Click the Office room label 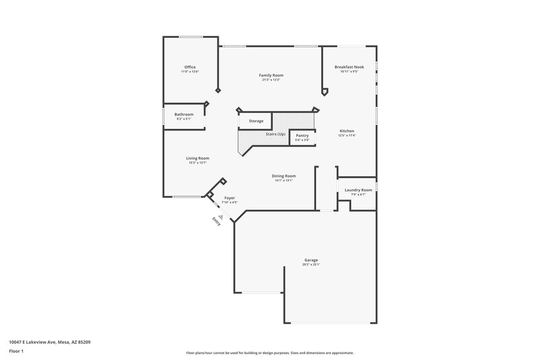coord(190,67)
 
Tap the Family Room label coord(271,75)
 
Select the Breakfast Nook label coord(350,67)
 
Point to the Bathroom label coord(184,114)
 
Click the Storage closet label coord(256,121)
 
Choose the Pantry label coord(302,135)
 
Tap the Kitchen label coord(347,131)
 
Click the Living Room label coord(198,158)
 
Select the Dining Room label coord(284,176)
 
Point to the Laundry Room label coord(358,190)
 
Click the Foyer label coord(230,198)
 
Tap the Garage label coord(311,260)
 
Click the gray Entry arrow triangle coord(220,209)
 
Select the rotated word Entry coord(217,220)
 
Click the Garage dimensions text coord(311,265)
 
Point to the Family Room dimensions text coord(271,80)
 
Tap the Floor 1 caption coord(17,351)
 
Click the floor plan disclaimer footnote coord(270,353)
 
